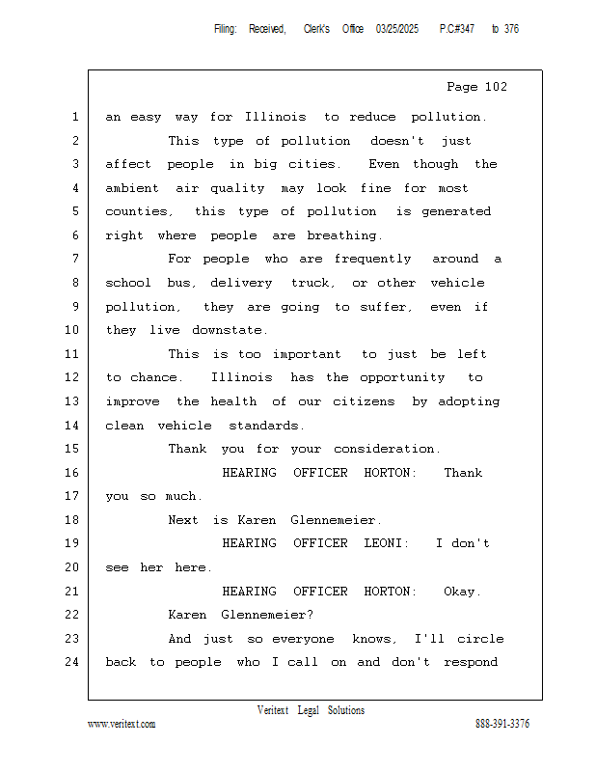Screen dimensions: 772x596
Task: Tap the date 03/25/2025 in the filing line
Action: click(x=397, y=29)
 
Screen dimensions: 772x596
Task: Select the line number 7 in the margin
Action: click(x=74, y=259)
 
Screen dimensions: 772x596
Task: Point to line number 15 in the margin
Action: click(x=70, y=449)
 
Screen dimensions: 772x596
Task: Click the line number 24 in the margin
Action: click(x=70, y=662)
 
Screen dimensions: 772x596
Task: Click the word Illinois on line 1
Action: click(x=276, y=117)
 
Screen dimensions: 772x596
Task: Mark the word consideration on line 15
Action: click(x=387, y=449)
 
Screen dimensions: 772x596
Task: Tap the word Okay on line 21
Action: click(x=462, y=591)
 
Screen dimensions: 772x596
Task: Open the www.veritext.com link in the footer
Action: click(x=122, y=725)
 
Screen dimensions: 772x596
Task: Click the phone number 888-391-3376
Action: click(x=502, y=725)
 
